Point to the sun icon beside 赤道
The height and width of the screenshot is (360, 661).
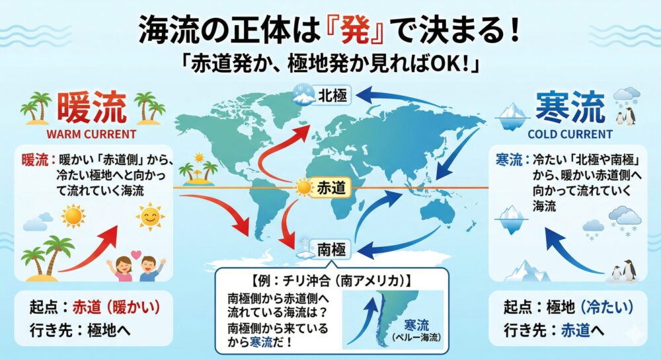coord(303,188)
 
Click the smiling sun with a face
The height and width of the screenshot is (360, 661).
coord(150,216)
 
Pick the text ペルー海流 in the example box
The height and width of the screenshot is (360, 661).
coord(416,338)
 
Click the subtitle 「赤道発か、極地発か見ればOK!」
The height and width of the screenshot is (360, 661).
coord(330,66)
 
